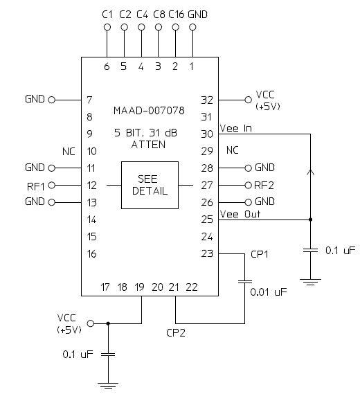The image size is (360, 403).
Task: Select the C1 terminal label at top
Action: (x=107, y=13)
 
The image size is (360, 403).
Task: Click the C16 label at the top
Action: (x=175, y=13)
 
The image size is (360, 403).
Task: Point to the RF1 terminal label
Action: (x=35, y=185)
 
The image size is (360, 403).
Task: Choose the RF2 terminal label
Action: (x=264, y=185)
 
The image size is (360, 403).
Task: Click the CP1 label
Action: (x=260, y=254)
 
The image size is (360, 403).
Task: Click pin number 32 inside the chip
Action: (x=207, y=100)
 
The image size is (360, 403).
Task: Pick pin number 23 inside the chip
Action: (x=207, y=253)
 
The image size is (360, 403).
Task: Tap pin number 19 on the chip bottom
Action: (x=141, y=287)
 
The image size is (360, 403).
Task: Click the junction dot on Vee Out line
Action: (x=310, y=220)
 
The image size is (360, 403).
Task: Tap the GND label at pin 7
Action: (x=35, y=99)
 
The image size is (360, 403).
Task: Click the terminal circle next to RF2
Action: (x=248, y=185)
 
